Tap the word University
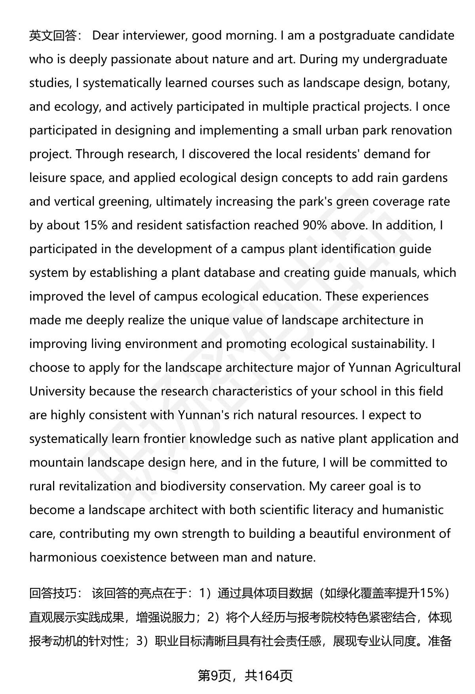coord(57,391)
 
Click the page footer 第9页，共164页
coord(245,676)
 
